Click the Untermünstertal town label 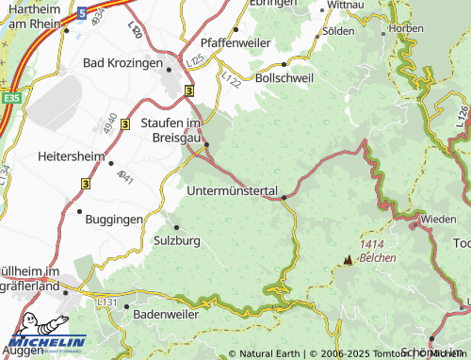(233, 191)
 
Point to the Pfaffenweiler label (235, 43)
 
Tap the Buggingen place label (115, 218)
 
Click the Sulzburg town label (176, 240)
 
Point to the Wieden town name (438, 219)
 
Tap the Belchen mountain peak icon (348, 257)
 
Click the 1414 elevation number (372, 244)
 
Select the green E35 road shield (10, 96)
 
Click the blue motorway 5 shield (81, 13)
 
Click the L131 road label (107, 303)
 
